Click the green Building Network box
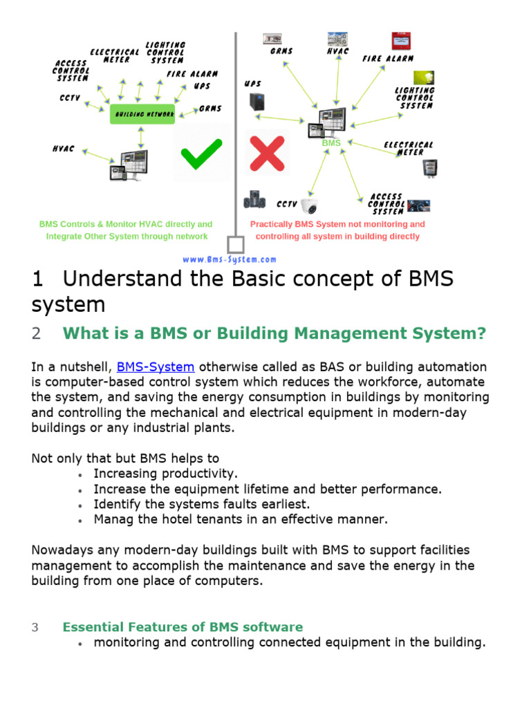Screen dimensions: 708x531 point(144,113)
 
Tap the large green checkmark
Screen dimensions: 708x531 point(201,153)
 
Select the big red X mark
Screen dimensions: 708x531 point(267,153)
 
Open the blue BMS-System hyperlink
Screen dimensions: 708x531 point(156,366)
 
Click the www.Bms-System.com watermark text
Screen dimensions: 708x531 point(230,259)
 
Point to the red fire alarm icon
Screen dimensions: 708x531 point(399,40)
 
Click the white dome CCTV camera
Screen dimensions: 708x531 point(310,205)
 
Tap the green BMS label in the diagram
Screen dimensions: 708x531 point(332,142)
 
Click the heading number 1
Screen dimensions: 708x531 point(38,280)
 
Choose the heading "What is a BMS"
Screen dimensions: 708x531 point(274,333)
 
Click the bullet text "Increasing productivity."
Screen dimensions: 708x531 point(165,474)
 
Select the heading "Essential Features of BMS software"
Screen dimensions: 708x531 point(183,627)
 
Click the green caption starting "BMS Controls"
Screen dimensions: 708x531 point(126,230)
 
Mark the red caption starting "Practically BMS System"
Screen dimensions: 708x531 point(337,230)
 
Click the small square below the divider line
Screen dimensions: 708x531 point(236,245)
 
